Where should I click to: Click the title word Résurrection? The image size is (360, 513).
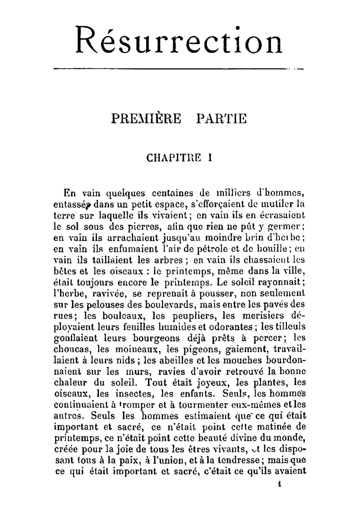click(179, 41)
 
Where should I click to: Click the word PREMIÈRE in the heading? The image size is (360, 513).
click(146, 119)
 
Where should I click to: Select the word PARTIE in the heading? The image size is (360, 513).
click(221, 119)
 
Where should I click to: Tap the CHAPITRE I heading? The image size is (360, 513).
click(179, 158)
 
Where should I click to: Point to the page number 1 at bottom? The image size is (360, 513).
click(279, 484)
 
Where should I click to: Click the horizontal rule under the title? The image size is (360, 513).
click(178, 68)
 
